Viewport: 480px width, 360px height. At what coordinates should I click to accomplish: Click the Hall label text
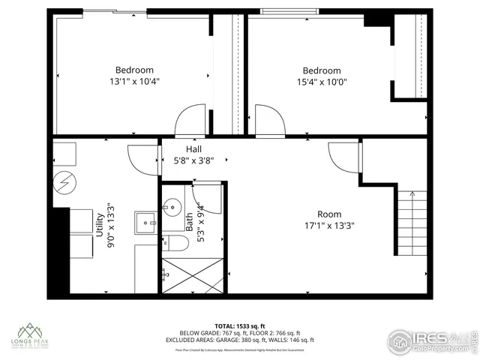click(x=184, y=149)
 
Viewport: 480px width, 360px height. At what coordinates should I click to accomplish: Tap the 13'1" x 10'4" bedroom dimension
click(x=134, y=81)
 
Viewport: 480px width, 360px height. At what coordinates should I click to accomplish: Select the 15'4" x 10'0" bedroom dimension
click(x=321, y=82)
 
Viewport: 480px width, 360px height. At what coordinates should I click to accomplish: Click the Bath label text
click(x=189, y=222)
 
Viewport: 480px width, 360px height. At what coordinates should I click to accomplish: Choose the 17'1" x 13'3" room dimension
click(x=328, y=224)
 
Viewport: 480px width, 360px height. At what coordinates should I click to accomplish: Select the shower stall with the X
click(x=193, y=275)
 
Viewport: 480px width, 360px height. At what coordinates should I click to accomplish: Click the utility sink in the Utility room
click(x=145, y=222)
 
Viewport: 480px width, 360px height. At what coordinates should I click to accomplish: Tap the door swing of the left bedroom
click(x=189, y=120)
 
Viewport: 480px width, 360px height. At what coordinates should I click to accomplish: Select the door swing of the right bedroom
click(x=269, y=120)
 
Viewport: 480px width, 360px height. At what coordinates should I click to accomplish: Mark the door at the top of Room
click(x=345, y=157)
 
